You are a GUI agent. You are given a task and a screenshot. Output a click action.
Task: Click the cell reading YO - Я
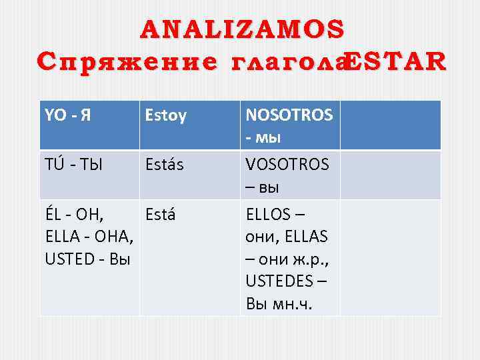[x=69, y=116]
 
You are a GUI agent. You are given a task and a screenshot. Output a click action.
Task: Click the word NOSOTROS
[x=289, y=116]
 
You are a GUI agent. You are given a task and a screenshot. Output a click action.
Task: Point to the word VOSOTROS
[x=287, y=165]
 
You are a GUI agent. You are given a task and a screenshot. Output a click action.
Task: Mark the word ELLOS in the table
[x=269, y=215]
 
